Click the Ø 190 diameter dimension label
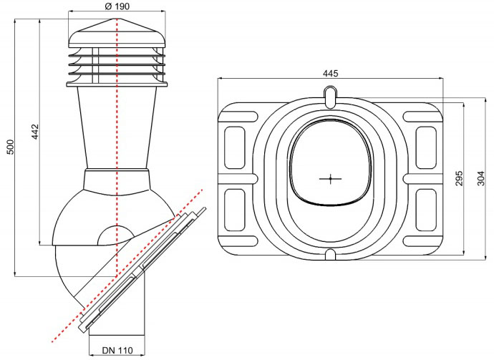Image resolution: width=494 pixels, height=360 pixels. (117, 6)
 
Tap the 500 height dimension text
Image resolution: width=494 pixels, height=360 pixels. (11, 147)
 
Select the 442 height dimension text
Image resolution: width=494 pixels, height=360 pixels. (35, 132)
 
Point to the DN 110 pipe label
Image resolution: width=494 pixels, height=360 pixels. (117, 350)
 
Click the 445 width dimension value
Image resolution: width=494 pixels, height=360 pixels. (331, 73)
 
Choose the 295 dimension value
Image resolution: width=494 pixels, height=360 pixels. (460, 178)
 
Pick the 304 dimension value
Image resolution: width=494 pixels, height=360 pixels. (480, 178)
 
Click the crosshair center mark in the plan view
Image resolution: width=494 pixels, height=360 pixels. (330, 179)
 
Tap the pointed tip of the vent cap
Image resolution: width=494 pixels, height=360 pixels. (117, 19)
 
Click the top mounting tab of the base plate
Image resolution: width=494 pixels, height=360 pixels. (330, 97)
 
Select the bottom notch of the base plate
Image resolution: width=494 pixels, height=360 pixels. (330, 255)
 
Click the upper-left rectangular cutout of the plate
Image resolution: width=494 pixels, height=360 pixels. (235, 147)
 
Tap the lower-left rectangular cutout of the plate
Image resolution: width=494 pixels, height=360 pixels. (235, 210)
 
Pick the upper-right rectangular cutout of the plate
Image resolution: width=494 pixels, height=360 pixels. (426, 147)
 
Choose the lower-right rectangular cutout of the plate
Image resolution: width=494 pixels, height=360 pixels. (426, 210)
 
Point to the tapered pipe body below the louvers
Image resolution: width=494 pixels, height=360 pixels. (117, 127)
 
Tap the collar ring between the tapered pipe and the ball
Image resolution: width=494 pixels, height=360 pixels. (117, 180)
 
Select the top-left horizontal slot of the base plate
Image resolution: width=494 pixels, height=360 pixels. (238, 117)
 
